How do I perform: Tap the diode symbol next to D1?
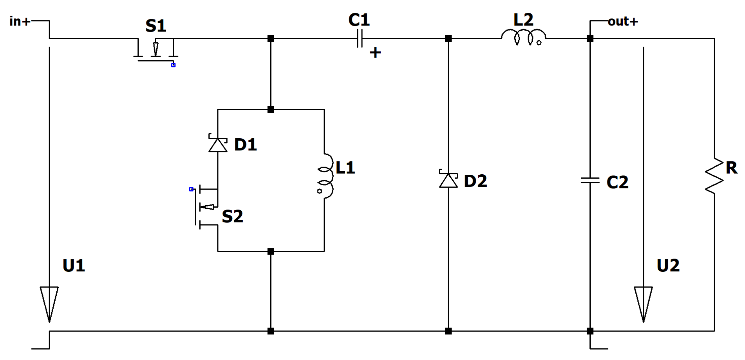point(218,144)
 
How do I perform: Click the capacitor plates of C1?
point(360,39)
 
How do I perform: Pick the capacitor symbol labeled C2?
point(590,180)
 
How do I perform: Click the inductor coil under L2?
point(523,36)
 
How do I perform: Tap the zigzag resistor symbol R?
point(714,176)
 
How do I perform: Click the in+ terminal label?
point(20,21)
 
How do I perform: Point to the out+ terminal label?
point(623,21)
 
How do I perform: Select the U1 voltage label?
point(74,266)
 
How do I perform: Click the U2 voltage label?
point(668,266)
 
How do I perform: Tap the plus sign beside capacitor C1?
point(375,52)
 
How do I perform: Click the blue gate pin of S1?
point(173,65)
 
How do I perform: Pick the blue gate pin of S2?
point(191,189)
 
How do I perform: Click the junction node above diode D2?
point(448,39)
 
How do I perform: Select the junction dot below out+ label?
point(590,39)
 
